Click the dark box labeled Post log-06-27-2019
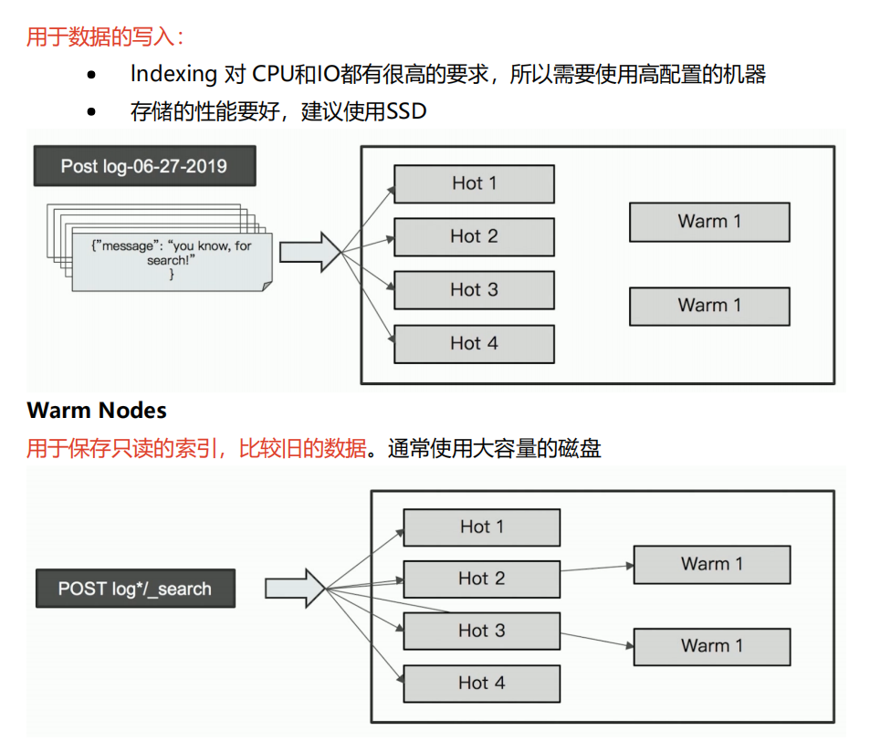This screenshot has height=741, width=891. tap(144, 166)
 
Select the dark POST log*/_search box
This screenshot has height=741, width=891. tap(135, 589)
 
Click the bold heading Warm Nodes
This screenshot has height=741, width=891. tap(97, 410)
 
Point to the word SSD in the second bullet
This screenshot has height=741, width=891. tap(406, 112)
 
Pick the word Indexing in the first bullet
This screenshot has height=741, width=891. tap(173, 75)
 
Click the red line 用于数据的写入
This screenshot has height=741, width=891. tap(104, 37)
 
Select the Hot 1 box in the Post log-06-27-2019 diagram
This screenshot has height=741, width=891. tap(474, 183)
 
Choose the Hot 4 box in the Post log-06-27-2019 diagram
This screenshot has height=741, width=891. tap(474, 344)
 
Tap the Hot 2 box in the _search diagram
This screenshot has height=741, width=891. tap(481, 579)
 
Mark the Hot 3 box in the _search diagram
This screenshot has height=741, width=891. tap(481, 631)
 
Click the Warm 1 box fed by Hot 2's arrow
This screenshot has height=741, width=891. tap(711, 565)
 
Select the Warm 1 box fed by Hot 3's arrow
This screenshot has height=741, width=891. tap(711, 646)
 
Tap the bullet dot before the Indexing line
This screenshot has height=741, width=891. tap(91, 75)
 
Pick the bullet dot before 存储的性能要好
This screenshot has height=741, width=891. tap(91, 112)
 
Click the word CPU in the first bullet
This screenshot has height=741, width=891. tap(272, 75)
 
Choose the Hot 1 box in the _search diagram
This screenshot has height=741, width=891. tap(481, 527)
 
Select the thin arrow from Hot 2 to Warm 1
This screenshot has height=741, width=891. tap(597, 568)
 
